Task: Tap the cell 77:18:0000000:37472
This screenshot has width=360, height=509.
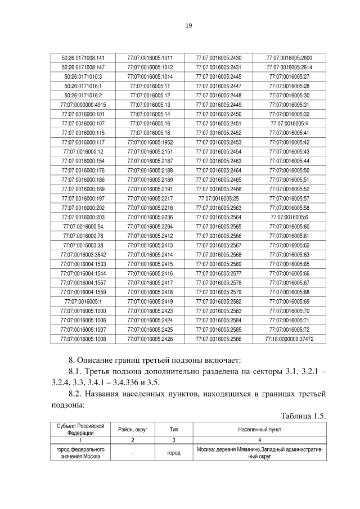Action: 289,339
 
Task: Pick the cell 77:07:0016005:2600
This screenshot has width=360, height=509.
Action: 289,57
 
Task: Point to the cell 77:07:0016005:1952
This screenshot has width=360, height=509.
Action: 150,142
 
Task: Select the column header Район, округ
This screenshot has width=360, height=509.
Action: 133,430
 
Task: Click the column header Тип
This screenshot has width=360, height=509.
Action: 174,430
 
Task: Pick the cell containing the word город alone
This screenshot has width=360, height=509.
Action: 174,453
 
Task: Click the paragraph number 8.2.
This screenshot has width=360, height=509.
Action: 76,393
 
